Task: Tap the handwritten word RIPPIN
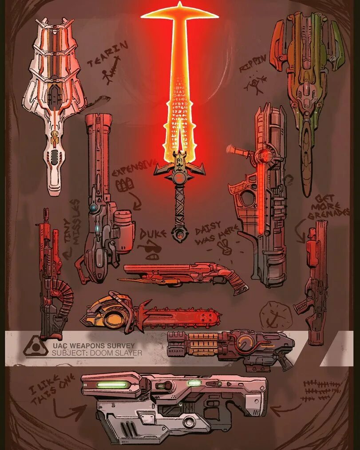253,63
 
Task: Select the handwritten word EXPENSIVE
135,167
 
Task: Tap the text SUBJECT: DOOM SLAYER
97,353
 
